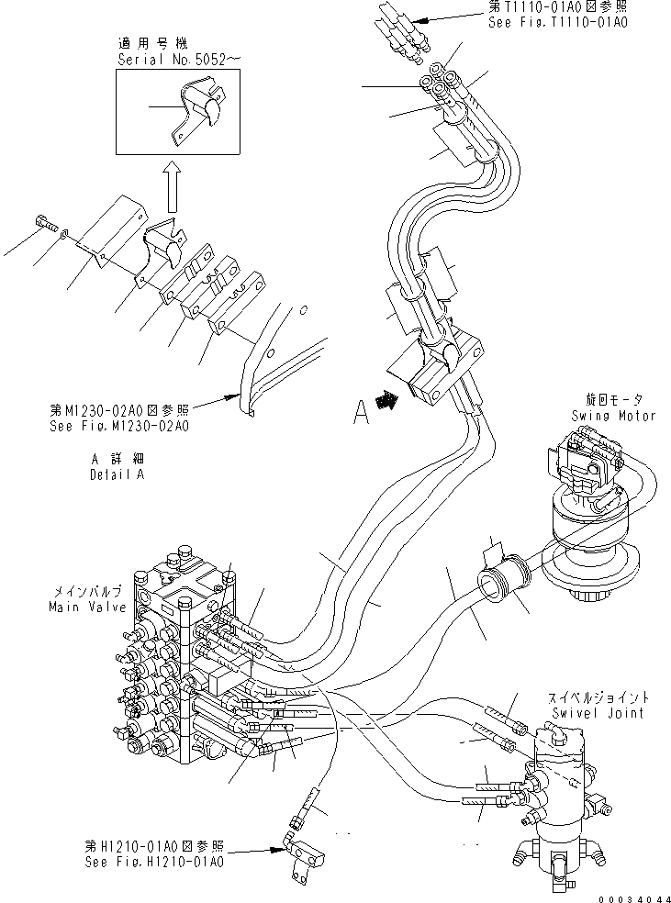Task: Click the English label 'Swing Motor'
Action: coord(613,416)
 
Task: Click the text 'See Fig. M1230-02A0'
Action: coord(119,426)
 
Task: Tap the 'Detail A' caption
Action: coord(117,475)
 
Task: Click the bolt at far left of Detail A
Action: coord(43,222)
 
